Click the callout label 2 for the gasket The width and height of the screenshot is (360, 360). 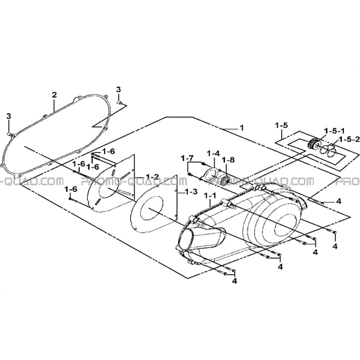click(x=54, y=95)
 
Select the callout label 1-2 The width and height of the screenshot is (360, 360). click(x=152, y=176)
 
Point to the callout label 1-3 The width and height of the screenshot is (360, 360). click(x=191, y=191)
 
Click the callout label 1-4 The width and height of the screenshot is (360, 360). click(x=213, y=153)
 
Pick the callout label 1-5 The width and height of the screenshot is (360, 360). click(x=282, y=125)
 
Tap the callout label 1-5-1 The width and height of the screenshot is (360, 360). click(x=334, y=131)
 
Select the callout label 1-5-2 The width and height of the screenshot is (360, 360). click(x=349, y=139)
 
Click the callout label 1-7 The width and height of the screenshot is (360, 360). click(x=187, y=158)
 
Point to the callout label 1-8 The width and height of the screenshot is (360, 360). click(x=229, y=160)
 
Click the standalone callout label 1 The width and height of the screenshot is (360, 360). click(x=241, y=127)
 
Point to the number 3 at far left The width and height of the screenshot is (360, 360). click(x=8, y=116)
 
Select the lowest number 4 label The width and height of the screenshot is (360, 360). click(x=234, y=281)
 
